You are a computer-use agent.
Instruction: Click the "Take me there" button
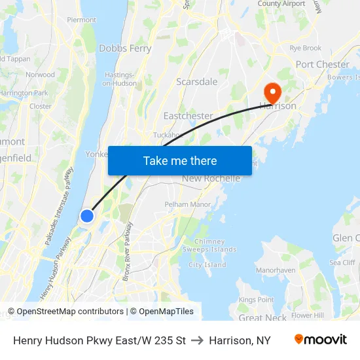[x=180, y=160]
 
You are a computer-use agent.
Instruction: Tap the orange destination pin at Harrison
[x=270, y=92]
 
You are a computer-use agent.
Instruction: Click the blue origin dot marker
[x=86, y=215]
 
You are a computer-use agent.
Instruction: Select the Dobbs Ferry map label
[x=125, y=48]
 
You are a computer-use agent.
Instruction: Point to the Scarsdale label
[x=196, y=82]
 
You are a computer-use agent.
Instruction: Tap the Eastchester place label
[x=188, y=116]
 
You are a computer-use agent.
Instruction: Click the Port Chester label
[x=322, y=64]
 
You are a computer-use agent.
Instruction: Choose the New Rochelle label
[x=211, y=179]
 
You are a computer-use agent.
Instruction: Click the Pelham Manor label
[x=188, y=204]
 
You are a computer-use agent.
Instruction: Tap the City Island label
[x=207, y=265]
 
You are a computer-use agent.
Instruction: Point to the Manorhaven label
[x=276, y=270]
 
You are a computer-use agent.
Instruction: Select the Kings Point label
[x=257, y=300]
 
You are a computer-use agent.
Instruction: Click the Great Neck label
[x=262, y=318]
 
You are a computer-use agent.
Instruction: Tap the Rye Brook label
[x=306, y=48]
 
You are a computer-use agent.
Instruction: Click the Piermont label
[x=81, y=20]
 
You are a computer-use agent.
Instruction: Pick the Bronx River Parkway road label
[x=128, y=251]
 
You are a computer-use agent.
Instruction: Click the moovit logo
[x=320, y=340]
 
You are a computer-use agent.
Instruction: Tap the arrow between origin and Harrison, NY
[x=197, y=341]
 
